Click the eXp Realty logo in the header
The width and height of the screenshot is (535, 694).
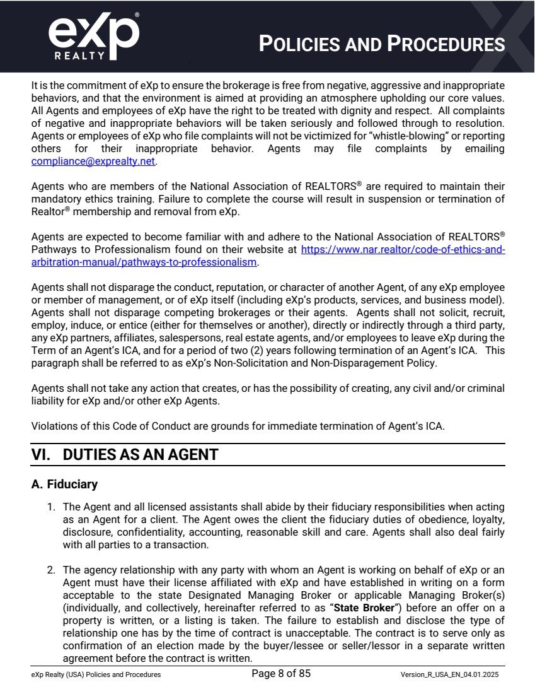(93, 34)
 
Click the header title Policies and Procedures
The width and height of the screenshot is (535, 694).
(383, 44)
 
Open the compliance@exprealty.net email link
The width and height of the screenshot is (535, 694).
(93, 161)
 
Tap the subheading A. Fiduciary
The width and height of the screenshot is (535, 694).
(64, 485)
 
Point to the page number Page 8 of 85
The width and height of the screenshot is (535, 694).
(281, 673)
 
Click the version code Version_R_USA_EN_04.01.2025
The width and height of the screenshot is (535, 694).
(449, 674)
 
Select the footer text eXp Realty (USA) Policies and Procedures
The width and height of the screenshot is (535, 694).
(96, 674)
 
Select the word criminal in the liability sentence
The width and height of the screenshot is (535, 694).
(485, 388)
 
